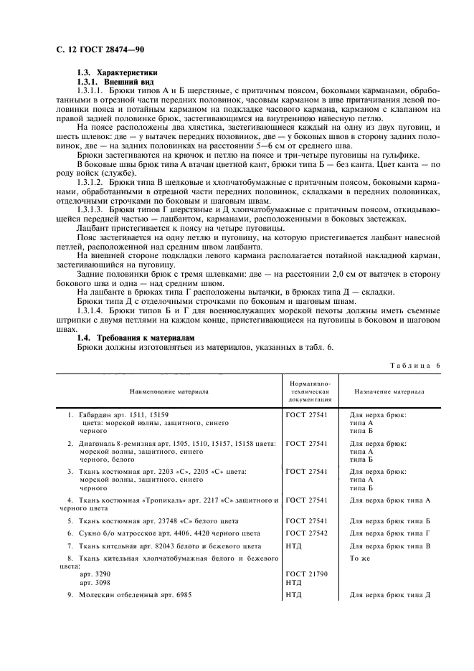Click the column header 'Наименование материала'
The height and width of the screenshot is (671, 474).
tap(169, 392)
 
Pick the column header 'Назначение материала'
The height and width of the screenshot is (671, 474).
tap(389, 392)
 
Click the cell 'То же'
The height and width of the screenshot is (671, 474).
tap(360, 558)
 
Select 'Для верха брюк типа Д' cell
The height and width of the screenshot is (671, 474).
tap(389, 595)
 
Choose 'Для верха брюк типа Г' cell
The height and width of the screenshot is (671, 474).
tap(389, 533)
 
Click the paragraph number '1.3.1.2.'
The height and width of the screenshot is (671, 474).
tap(94, 183)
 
